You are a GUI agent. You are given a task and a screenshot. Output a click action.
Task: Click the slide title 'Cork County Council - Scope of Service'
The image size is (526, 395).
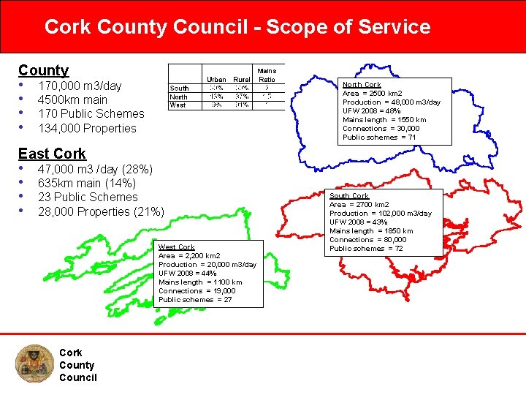237,27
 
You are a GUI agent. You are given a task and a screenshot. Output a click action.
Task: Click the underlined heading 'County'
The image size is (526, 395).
43,70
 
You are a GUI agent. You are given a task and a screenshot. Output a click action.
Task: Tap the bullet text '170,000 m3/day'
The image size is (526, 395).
80,86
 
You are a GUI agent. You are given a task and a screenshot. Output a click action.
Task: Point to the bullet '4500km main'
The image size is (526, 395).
72,99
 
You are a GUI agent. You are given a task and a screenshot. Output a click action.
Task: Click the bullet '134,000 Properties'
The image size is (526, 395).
87,128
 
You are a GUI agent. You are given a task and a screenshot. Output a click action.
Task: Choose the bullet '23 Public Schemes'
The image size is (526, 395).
88,197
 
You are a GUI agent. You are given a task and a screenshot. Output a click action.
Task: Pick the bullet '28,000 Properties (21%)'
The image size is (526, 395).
101,211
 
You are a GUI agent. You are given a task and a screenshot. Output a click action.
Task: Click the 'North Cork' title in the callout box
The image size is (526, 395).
362,85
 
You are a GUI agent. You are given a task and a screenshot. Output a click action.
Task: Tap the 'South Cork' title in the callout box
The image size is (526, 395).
348,196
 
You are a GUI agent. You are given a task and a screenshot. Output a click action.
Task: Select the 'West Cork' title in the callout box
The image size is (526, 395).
177,247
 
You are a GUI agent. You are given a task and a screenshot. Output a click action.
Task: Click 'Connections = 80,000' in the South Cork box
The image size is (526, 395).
368,240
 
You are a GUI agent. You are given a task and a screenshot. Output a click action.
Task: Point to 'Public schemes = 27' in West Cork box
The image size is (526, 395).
195,300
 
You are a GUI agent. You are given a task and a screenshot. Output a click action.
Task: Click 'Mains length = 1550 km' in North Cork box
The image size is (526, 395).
384,120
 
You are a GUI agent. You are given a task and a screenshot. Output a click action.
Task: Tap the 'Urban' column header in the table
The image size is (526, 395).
216,80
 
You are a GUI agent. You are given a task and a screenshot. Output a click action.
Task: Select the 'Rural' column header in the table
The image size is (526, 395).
240,80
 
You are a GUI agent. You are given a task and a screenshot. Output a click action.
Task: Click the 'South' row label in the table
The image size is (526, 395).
179,89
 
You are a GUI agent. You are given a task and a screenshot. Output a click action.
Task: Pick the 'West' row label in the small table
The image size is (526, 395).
178,105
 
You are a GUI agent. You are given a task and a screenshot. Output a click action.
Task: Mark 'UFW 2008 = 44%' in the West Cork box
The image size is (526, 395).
188,274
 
